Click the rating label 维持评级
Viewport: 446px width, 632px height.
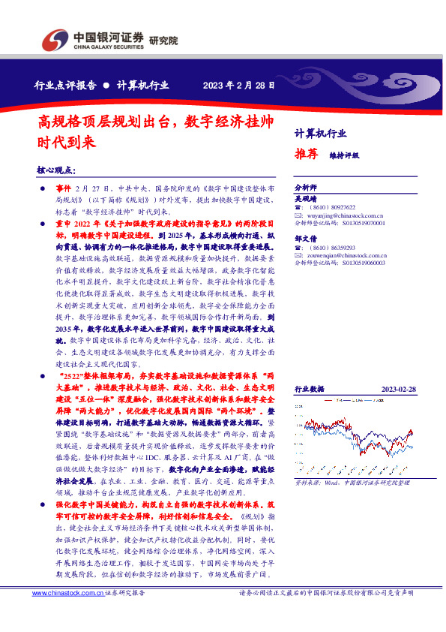coord(344,155)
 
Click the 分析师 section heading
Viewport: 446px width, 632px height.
coord(306,186)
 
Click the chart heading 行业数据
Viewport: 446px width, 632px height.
coord(309,390)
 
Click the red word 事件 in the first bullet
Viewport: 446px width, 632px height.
coord(63,186)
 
